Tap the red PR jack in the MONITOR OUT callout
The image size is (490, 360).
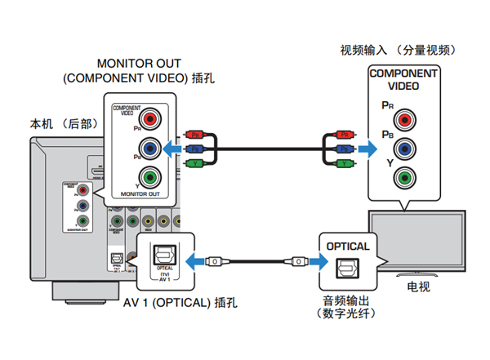click(147, 119)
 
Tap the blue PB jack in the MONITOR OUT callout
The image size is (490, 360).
click(147, 148)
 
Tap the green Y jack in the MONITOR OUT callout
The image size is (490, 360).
click(147, 176)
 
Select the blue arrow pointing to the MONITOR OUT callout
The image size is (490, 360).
click(171, 149)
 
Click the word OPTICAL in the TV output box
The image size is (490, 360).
click(348, 246)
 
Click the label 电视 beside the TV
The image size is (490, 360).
click(419, 287)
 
